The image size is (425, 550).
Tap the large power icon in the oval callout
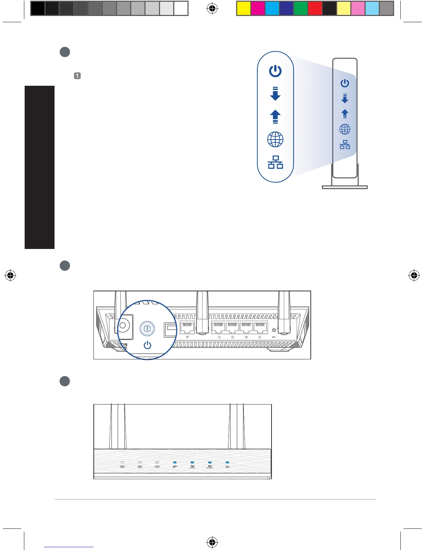tap(275, 71)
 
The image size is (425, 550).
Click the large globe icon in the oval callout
tap(275, 140)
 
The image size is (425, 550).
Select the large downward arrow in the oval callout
tap(275, 94)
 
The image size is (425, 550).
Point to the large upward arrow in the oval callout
tap(275, 117)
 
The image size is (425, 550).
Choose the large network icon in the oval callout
tap(275, 162)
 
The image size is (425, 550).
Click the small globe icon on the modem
tap(345, 130)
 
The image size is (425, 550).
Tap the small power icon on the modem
tap(345, 83)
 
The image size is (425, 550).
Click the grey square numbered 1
tap(77, 76)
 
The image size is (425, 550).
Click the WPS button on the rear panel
tap(274, 330)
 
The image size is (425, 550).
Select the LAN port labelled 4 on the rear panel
tap(260, 328)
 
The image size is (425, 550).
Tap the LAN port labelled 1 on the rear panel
tap(219, 328)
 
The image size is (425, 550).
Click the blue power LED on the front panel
tap(227, 462)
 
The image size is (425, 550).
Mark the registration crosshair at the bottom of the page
tap(212, 542)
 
